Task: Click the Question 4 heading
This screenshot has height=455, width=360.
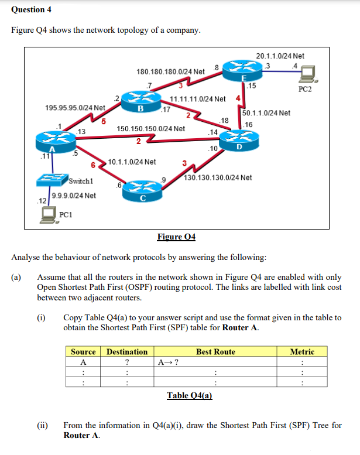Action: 29,9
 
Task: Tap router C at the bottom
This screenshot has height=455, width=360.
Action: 142,191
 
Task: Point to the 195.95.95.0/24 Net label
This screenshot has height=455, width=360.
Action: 75,108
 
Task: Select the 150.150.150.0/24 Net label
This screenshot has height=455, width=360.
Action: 151,128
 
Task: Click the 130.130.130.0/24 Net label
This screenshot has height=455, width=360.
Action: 218,177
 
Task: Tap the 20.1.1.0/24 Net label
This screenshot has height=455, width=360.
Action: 280,56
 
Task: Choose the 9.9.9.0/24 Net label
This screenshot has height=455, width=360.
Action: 74,196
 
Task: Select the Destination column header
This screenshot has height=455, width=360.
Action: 126,352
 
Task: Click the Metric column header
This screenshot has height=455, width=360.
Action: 302,352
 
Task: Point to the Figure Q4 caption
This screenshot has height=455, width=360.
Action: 176,237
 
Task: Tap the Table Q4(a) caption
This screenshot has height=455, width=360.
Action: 189,395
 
